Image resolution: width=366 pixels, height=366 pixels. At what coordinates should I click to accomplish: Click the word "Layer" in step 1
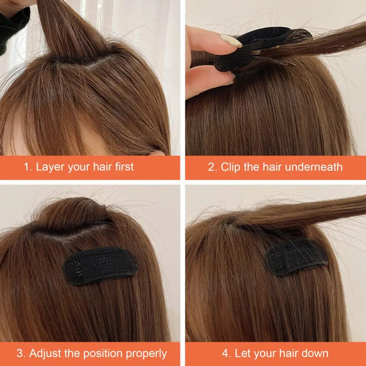point(49,167)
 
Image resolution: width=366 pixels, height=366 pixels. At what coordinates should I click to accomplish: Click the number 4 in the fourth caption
point(226,354)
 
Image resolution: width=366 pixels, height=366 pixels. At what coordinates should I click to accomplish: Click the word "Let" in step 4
point(242,354)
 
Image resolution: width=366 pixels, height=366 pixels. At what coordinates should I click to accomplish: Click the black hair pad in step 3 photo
point(101,265)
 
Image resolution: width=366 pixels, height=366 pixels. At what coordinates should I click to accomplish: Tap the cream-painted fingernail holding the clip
point(231,41)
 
